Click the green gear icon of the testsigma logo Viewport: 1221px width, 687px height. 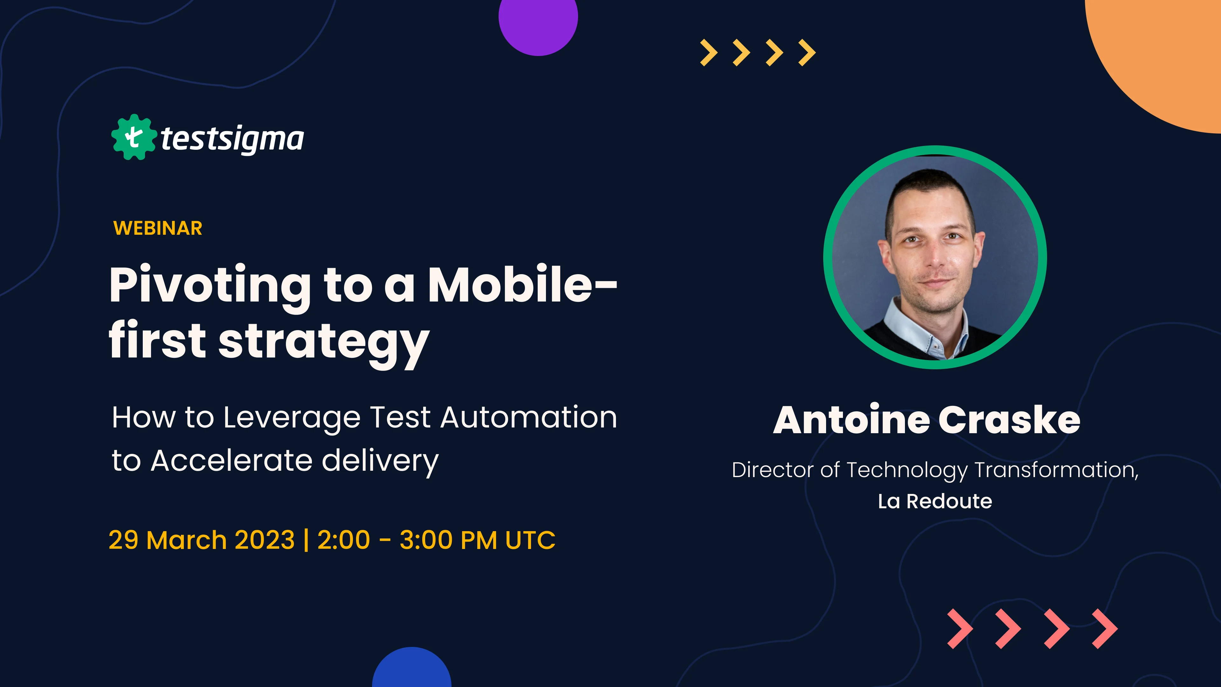click(x=134, y=137)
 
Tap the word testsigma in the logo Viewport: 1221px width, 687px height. click(x=232, y=139)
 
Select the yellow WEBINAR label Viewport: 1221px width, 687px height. click(x=158, y=228)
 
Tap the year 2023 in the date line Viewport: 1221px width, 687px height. click(x=265, y=540)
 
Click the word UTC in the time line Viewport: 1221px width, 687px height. click(x=530, y=540)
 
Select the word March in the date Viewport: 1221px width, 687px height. click(x=187, y=540)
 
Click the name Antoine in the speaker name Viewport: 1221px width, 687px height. click(x=851, y=420)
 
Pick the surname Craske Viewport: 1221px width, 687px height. click(x=1009, y=420)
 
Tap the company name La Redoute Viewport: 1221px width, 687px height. click(x=935, y=501)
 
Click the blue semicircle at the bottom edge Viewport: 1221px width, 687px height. click(x=411, y=669)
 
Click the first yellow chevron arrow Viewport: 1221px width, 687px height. click(x=709, y=52)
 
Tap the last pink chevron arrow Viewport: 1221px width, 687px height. click(x=1105, y=629)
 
